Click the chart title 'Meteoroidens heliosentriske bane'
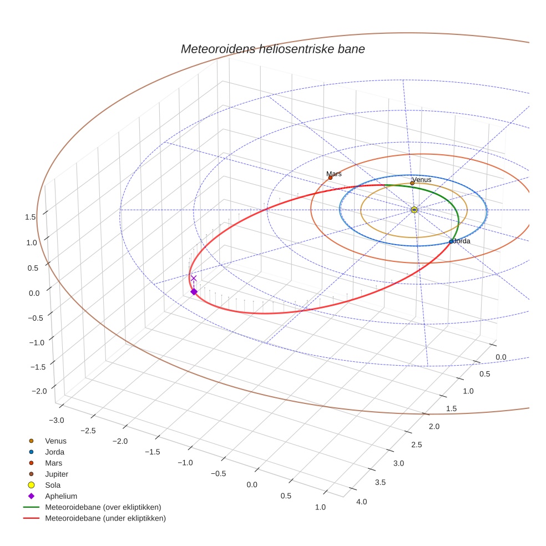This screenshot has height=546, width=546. tap(272, 49)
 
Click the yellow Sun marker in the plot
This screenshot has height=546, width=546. tap(414, 209)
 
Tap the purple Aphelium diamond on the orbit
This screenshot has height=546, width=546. tap(194, 291)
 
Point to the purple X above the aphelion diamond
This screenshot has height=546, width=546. tap(194, 279)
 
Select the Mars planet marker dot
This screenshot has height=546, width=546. tap(330, 178)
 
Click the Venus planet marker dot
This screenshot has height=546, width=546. tap(412, 183)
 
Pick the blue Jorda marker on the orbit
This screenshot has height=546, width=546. tap(451, 241)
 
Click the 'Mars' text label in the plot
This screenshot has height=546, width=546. tap(334, 174)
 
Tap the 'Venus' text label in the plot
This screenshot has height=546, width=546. tap(422, 179)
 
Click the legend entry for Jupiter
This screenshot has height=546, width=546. tap(57, 474)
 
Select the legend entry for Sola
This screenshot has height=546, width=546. tap(53, 485)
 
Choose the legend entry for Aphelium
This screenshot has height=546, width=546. tap(60, 496)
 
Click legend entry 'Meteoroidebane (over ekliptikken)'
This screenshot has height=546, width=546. tap(103, 507)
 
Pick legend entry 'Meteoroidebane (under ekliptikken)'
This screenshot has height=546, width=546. tap(105, 518)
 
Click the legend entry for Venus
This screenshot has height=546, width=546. tap(55, 441)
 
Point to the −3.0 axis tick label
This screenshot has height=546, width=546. tap(57, 420)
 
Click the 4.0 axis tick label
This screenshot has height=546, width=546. tap(361, 502)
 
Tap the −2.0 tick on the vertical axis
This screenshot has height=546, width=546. tap(39, 391)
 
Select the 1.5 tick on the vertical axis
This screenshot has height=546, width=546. tap(31, 217)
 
